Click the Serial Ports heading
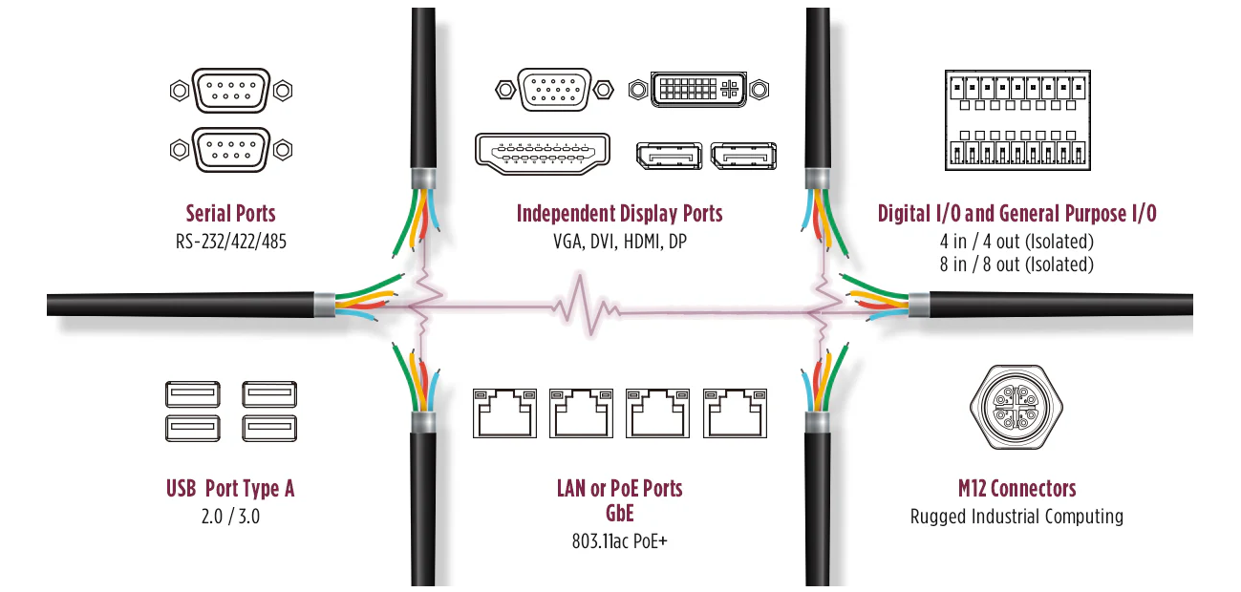pos(230,214)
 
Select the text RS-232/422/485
pos(231,242)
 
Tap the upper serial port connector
pos(231,91)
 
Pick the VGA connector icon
pos(554,90)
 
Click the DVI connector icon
pos(698,89)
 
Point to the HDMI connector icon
pos(543,154)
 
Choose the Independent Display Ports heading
pos(619,214)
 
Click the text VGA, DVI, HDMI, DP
pos(620,242)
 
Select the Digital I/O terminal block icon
pos(1017,120)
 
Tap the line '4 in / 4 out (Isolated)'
pos(1016,242)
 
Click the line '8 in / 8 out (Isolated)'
pos(1016,264)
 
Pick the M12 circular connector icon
pos(1016,407)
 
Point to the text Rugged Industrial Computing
pos(1016,517)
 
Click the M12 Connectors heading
pos(1017,489)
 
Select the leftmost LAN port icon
pos(504,413)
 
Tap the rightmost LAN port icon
pos(736,413)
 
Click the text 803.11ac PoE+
pos(619,541)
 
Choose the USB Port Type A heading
pos(230,489)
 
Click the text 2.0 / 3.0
pos(230,517)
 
